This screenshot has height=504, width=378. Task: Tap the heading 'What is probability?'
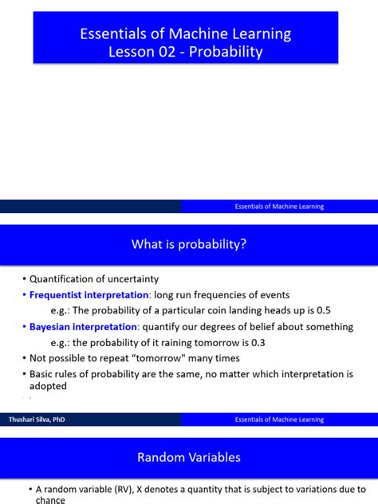(x=189, y=245)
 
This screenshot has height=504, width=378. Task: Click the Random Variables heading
(x=189, y=458)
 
